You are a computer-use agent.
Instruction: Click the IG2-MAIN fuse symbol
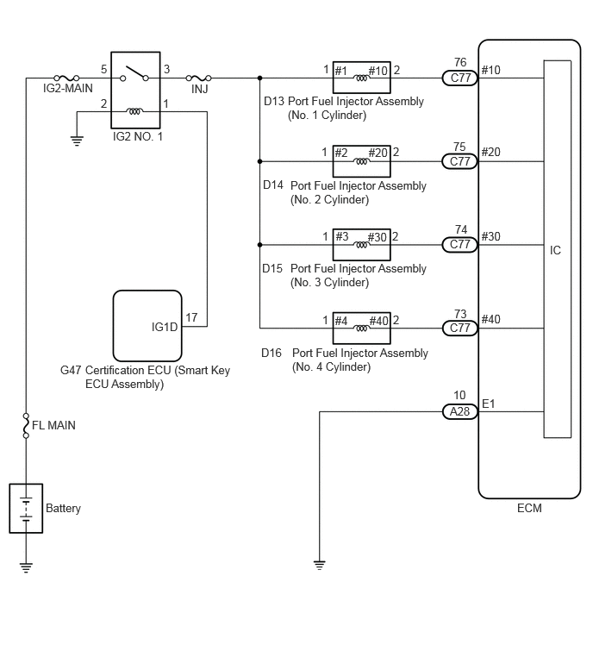click(66, 78)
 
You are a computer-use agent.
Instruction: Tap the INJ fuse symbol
click(198, 78)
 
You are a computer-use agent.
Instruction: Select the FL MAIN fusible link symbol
click(26, 426)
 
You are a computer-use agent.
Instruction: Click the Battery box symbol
click(26, 508)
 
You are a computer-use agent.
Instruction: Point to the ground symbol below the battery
click(26, 567)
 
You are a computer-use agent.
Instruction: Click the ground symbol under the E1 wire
click(319, 565)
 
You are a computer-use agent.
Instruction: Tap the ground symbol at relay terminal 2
click(77, 141)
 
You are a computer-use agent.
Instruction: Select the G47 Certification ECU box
click(147, 326)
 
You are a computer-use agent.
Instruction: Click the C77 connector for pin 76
click(459, 78)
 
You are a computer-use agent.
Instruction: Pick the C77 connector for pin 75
click(459, 161)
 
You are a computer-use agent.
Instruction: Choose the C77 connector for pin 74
click(459, 245)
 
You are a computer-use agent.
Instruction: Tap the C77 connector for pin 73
click(459, 328)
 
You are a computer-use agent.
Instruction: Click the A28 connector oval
click(459, 411)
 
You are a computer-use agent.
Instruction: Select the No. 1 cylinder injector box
click(361, 78)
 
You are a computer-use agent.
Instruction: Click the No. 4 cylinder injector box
click(361, 328)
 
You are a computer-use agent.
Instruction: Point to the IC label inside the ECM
click(555, 250)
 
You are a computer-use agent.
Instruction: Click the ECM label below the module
click(529, 508)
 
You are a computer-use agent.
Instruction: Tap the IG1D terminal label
click(165, 327)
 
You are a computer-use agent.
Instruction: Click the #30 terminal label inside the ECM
click(491, 236)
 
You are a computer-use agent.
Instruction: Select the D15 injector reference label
click(272, 269)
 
